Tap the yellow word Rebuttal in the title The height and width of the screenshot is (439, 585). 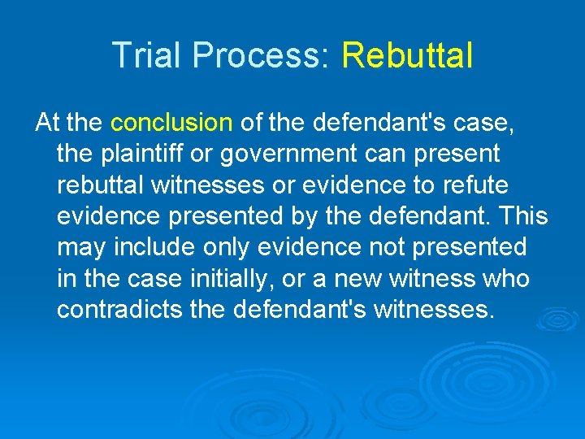click(x=407, y=55)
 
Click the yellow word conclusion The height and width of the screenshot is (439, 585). click(x=171, y=123)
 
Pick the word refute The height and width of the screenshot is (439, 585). click(x=474, y=185)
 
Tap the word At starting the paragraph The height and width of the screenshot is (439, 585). click(x=47, y=123)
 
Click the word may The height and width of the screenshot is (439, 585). click(x=80, y=247)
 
